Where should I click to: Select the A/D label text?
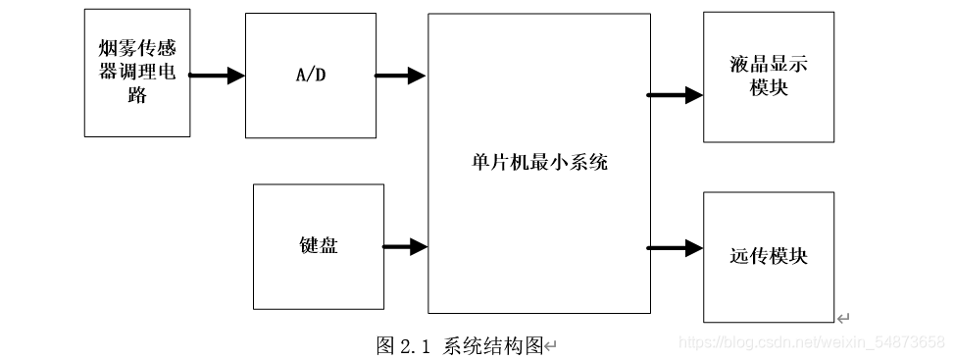[x=310, y=75]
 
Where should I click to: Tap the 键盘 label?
[x=318, y=245]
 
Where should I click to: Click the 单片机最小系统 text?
[x=538, y=162]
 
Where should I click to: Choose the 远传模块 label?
[x=769, y=256]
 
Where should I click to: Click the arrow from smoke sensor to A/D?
[x=216, y=75]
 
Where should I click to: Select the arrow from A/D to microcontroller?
[x=400, y=75]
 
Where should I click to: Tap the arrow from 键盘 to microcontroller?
[x=404, y=247]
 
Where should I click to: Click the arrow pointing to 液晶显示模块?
[x=675, y=95]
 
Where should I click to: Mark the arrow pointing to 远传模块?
[x=675, y=247]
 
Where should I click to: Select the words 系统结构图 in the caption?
[x=493, y=345]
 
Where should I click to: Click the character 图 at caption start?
[x=385, y=345]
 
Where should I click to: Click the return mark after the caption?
[x=551, y=346]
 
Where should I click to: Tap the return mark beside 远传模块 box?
[x=842, y=317]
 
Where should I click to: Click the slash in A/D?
[x=310, y=75]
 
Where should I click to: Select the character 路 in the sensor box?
[x=136, y=95]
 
